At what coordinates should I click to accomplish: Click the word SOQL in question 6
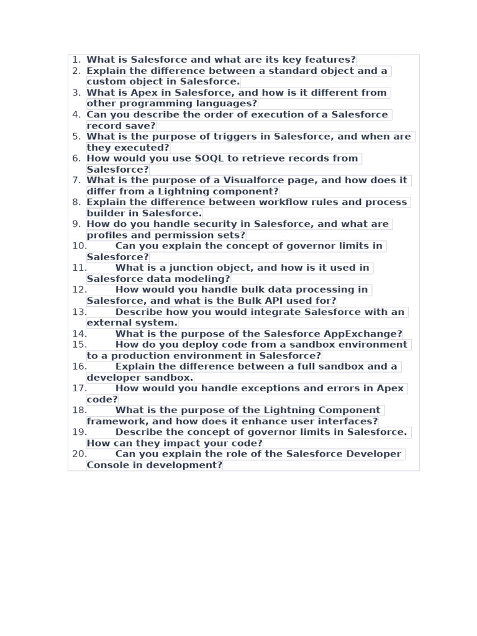(210, 158)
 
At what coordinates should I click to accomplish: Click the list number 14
(79, 334)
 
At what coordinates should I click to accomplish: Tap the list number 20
(79, 454)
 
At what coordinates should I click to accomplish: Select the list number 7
(76, 180)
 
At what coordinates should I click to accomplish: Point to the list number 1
(76, 60)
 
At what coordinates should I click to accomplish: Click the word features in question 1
(330, 60)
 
